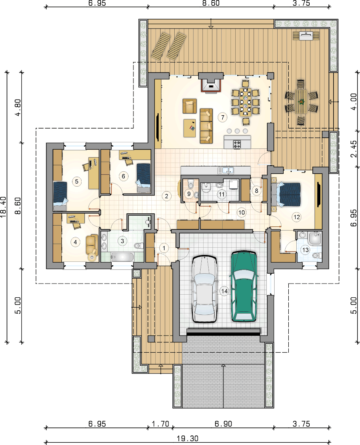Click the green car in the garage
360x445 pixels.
[x=244, y=286]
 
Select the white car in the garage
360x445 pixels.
[x=204, y=289]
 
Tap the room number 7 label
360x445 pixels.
[x=223, y=117]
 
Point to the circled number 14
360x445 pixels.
[x=224, y=291]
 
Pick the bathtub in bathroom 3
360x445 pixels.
[x=122, y=257]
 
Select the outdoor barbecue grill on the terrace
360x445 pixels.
[x=306, y=36]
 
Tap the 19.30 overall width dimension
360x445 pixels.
[x=188, y=439]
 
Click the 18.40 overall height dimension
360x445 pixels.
[x=3, y=206]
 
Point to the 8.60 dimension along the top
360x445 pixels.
[x=211, y=3]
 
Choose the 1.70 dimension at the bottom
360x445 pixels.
[x=160, y=424]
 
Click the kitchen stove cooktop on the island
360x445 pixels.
[x=237, y=145]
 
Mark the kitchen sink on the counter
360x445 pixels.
[x=226, y=170]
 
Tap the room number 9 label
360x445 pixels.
[x=189, y=194]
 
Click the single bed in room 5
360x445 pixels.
[x=60, y=196]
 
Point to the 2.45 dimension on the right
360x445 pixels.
[x=354, y=149]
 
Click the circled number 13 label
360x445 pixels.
[x=305, y=250]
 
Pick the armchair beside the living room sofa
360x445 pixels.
[x=190, y=106]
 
